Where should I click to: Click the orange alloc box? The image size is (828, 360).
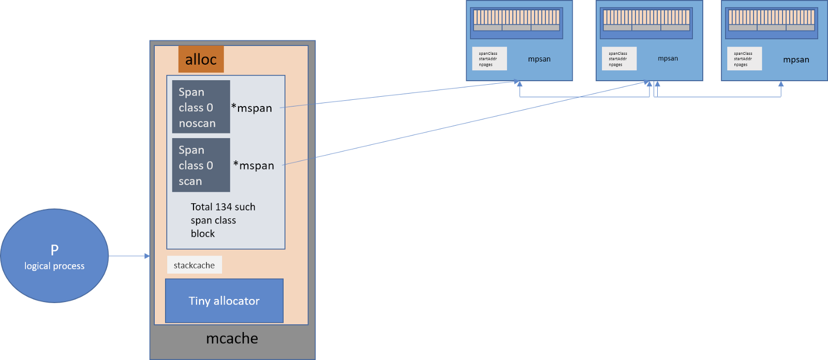click(x=201, y=59)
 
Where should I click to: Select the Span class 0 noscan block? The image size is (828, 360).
click(x=201, y=107)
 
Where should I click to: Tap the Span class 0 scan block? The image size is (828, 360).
click(x=201, y=165)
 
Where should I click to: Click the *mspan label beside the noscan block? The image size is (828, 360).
click(x=252, y=108)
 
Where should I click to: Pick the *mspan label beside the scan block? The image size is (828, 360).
click(x=254, y=166)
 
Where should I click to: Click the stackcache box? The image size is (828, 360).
click(x=194, y=265)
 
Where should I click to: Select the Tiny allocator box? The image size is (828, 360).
click(x=224, y=301)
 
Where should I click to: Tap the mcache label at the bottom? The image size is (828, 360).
click(x=232, y=338)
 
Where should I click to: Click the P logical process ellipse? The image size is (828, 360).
click(x=54, y=256)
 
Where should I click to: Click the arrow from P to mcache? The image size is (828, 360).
click(x=129, y=256)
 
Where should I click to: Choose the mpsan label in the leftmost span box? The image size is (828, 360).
click(x=539, y=59)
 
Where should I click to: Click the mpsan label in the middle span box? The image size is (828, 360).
click(x=668, y=58)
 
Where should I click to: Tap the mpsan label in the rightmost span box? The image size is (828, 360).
click(x=796, y=59)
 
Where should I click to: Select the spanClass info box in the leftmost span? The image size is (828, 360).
click(x=489, y=58)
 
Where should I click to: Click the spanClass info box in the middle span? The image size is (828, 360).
click(x=619, y=58)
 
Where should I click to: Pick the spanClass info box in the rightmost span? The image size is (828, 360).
click(x=744, y=58)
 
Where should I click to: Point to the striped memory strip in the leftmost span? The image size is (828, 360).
click(x=516, y=20)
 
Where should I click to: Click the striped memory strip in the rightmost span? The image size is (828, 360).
click(x=771, y=20)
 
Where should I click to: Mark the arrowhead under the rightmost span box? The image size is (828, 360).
click(x=780, y=84)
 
